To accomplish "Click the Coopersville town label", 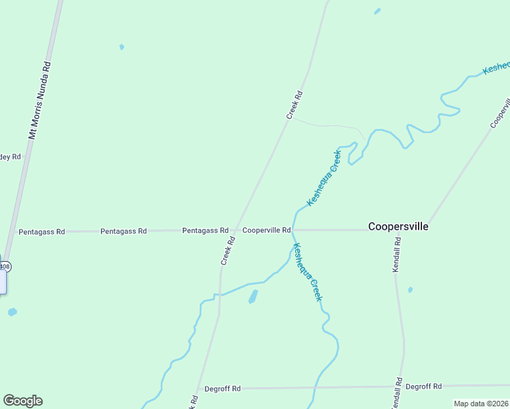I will (x=398, y=226).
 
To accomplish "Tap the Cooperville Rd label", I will (x=267, y=230).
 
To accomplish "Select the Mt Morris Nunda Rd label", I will (x=40, y=101).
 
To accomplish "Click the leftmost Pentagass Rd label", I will (x=42, y=232).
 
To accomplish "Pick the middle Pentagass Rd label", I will (x=123, y=231).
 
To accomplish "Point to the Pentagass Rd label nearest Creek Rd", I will (x=205, y=230).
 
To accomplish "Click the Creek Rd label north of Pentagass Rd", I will (x=294, y=106).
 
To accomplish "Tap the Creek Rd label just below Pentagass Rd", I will (x=228, y=250).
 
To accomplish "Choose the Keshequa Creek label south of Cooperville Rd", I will (x=307, y=272).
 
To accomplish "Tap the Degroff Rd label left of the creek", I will (x=222, y=389).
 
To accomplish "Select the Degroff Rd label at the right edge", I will (x=423, y=386).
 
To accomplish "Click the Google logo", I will (x=22, y=401).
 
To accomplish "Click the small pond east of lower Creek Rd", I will (x=254, y=297).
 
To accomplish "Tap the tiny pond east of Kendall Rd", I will (x=410, y=290).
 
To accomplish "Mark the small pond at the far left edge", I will (x=12, y=312).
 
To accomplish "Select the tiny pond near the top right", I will (x=377, y=11).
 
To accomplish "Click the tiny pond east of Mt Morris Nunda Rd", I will (x=121, y=47).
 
